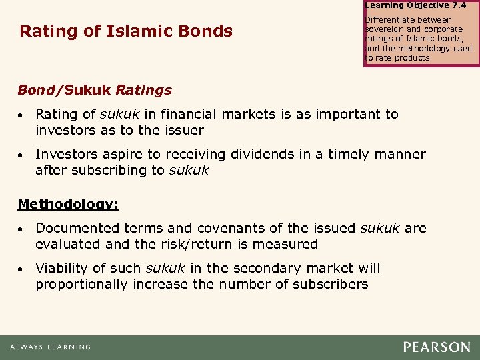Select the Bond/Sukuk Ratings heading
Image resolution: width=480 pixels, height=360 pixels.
(x=94, y=90)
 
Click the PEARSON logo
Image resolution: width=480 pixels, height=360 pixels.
(x=436, y=347)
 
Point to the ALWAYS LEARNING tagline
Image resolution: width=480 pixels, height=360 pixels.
(x=50, y=347)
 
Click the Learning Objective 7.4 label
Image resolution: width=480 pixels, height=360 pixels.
(x=416, y=5)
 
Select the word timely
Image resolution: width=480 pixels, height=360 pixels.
(x=349, y=154)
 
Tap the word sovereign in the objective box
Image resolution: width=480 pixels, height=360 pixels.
(x=387, y=29)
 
